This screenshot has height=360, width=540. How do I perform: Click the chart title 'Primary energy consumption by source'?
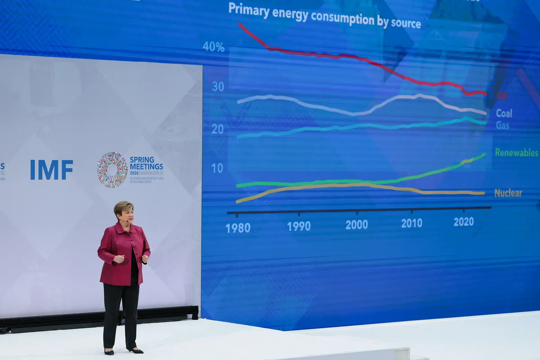[x=324, y=16]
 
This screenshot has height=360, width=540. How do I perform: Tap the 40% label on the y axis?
[x=213, y=47]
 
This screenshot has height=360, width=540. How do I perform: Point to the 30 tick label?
[x=218, y=87]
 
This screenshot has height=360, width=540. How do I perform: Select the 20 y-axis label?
[x=218, y=129]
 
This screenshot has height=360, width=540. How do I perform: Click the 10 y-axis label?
[x=218, y=168]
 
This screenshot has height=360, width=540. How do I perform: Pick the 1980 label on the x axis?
[x=238, y=228]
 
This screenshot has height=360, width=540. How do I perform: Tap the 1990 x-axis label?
[x=299, y=226]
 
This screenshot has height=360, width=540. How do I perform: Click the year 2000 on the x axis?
[x=357, y=225]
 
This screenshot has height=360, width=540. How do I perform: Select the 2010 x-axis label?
[x=412, y=223]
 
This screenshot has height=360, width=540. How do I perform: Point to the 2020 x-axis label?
[x=463, y=222]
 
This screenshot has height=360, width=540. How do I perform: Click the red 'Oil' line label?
[x=502, y=95]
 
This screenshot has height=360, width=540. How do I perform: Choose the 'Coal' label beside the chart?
[x=504, y=113]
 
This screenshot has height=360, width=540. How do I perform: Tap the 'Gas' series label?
[x=503, y=126]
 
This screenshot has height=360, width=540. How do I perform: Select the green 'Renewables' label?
[x=517, y=153]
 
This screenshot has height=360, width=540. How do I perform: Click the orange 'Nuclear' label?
[x=508, y=193]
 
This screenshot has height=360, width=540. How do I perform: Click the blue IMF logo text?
[x=51, y=170]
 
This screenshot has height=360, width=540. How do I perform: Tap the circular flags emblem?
[x=112, y=170]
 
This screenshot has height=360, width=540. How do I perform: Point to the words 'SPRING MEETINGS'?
[x=146, y=163]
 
